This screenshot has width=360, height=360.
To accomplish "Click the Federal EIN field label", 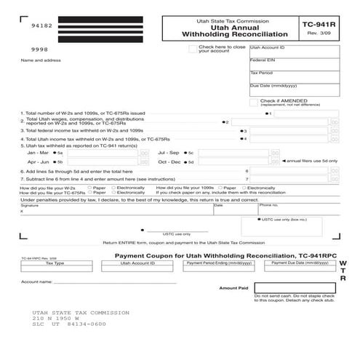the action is tap(263, 60).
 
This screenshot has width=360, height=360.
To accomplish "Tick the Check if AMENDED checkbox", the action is tap(254, 101).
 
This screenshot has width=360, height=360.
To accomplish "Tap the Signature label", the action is tap(30, 206).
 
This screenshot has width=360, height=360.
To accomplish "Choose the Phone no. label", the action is tap(268, 206).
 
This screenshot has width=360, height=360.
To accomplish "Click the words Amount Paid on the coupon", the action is tap(233, 288).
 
